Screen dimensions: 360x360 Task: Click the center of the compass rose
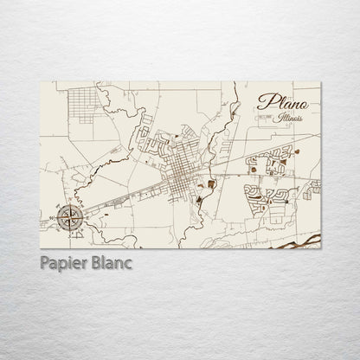pos(69,216)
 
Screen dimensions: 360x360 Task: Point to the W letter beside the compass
pos(55,216)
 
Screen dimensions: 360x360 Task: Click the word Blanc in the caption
pos(109,263)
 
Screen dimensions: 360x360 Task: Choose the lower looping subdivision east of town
pos(268,194)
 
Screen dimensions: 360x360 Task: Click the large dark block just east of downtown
pos(211,183)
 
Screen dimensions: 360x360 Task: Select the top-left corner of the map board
pos(42,83)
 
